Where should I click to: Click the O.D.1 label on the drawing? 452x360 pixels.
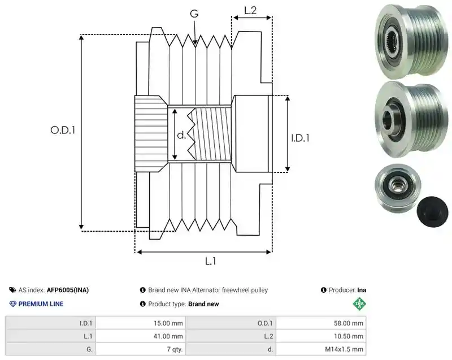63,131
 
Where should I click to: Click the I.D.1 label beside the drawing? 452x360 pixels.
300,138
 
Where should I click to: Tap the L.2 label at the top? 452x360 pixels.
250,10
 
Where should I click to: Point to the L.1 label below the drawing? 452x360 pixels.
210,261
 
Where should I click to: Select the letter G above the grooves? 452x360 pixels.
194,14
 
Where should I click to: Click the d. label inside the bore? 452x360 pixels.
181,135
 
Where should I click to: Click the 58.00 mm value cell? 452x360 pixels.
321,323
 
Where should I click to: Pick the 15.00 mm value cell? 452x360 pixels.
141,323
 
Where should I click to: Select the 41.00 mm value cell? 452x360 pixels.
141,336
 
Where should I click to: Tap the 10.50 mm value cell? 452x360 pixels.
321,336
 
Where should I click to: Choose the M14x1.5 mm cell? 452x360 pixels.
321,349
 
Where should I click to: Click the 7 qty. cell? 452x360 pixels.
141,349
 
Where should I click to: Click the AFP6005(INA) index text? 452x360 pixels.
68,290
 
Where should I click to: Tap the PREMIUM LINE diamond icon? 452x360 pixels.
13,304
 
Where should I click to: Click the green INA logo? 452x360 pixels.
359,303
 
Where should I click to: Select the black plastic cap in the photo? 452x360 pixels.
432,212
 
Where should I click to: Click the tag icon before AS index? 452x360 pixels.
12,290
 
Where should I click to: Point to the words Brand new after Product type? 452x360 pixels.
203,304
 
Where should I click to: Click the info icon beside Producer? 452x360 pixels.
323,290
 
